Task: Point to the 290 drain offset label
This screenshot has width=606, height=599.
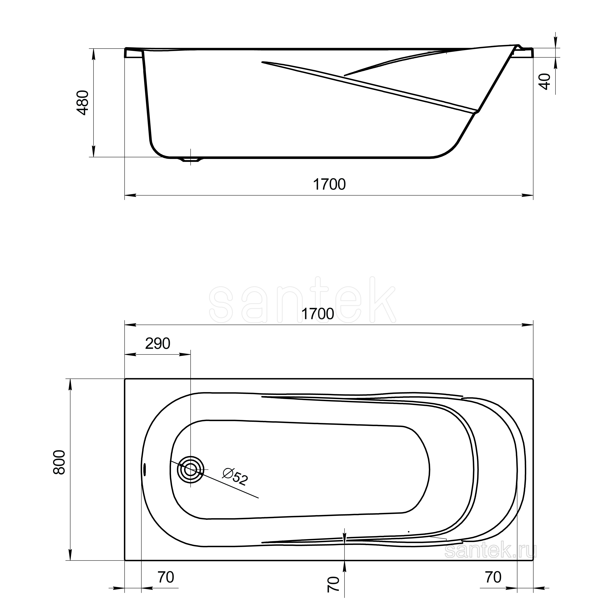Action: (x=158, y=344)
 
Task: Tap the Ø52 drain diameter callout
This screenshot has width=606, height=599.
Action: (x=235, y=477)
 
